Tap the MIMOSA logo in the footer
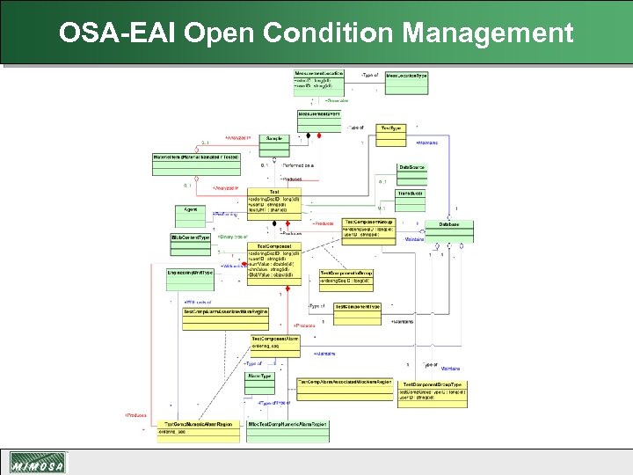tap(38, 464)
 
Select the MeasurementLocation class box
tap(319, 80)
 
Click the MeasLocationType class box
tap(405, 77)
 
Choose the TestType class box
tap(390, 128)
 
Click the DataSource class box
tap(411, 166)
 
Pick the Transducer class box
tap(411, 194)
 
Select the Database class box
tap(448, 225)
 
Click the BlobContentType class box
tap(190, 238)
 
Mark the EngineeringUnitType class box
tap(191, 273)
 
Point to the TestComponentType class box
tap(357, 306)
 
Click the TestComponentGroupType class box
tap(432, 389)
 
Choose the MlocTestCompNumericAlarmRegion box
tap(287, 424)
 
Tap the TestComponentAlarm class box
tap(275, 341)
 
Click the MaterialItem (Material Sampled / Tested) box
tap(196, 157)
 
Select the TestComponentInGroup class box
tap(346, 277)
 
